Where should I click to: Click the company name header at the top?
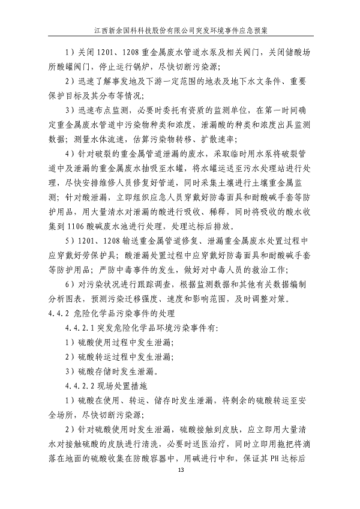[x=180, y=28]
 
